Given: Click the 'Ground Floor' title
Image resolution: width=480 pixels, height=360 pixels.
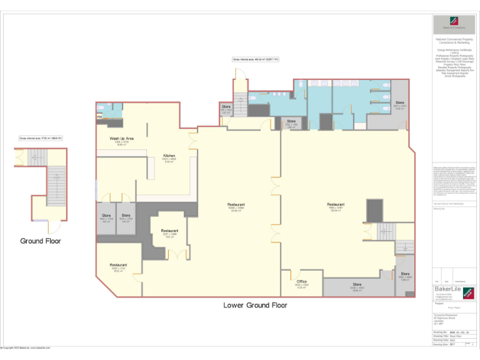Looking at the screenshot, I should click(x=41, y=241).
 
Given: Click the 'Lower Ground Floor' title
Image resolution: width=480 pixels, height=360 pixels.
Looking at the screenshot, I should click(x=255, y=306).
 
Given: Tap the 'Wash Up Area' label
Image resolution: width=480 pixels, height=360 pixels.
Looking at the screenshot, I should click(x=122, y=138).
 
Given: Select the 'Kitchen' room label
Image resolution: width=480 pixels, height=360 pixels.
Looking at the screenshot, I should click(x=169, y=156).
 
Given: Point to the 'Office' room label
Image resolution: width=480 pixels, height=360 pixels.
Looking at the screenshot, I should click(x=302, y=282).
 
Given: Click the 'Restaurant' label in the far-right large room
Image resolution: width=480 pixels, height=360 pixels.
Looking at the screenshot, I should click(x=336, y=204).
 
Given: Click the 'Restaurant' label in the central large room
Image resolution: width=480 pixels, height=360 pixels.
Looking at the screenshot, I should click(x=236, y=204).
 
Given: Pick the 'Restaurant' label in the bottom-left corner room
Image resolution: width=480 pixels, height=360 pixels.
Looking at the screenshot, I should click(x=119, y=265).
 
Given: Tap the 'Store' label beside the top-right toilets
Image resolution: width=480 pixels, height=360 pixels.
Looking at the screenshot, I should click(x=399, y=102).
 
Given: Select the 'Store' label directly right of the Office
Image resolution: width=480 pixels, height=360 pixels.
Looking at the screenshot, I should click(x=357, y=285).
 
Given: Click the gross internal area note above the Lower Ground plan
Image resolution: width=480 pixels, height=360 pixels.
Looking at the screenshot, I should click(x=256, y=59).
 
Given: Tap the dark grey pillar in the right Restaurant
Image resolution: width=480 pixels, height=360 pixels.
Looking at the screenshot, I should click(x=374, y=210).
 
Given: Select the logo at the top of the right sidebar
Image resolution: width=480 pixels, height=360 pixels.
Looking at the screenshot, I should click(x=454, y=24).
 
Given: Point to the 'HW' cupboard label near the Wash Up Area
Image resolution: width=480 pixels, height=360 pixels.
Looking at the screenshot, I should click(x=99, y=117).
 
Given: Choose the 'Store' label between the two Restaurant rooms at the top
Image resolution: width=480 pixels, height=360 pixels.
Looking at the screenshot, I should click(x=291, y=121).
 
